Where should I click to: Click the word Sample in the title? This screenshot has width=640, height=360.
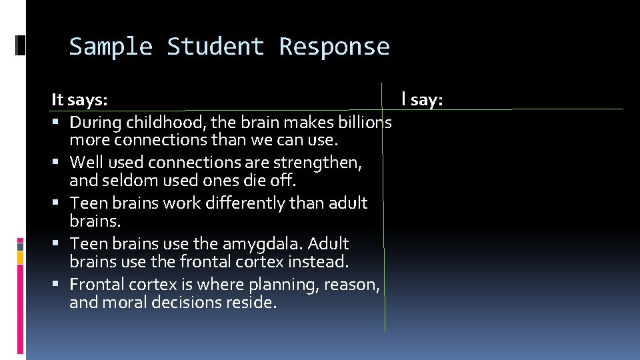coord(111,47)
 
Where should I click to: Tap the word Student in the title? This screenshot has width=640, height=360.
coord(215,47)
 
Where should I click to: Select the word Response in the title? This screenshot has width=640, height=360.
coord(334,47)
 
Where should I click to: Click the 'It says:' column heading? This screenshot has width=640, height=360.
coord(79,100)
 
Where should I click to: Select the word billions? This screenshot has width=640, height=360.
coord(363,123)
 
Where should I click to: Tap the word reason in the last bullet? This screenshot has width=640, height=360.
coord(353,285)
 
